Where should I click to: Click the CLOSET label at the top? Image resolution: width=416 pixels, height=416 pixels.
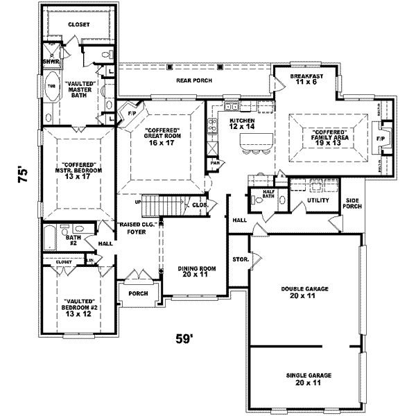point(78,25)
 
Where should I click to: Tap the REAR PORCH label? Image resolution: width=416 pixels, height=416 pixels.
point(193,80)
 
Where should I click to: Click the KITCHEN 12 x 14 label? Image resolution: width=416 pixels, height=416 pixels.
point(243,123)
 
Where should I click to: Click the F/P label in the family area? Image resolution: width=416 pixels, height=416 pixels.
point(380,138)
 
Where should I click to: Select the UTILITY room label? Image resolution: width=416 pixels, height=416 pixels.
point(308,200)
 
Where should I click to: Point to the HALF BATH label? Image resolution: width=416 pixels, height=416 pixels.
point(267,194)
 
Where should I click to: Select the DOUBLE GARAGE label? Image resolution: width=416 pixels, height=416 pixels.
point(304,291)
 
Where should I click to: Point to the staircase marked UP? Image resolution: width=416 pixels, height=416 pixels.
point(165,204)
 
